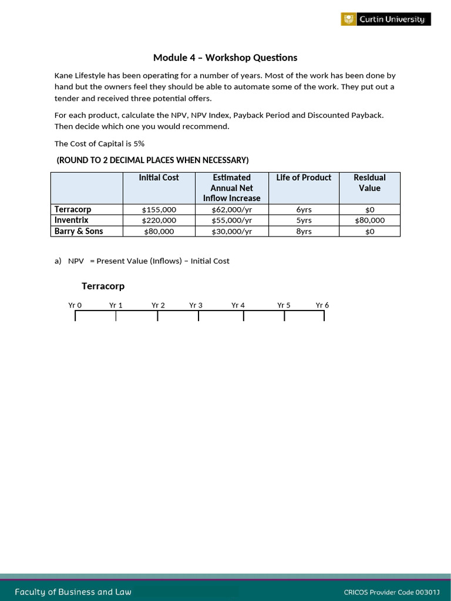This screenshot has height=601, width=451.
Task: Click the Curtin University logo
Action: (386, 19)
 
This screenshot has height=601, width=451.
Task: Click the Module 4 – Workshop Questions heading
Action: (225, 58)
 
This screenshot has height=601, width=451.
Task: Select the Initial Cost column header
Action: (159, 177)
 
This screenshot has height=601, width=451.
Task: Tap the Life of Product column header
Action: (304, 177)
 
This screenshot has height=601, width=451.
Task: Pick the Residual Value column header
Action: (369, 183)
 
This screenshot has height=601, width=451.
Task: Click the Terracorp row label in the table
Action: (73, 209)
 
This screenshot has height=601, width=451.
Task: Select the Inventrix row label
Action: (72, 220)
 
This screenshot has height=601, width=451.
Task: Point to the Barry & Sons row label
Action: (79, 231)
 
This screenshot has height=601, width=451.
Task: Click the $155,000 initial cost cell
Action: (159, 210)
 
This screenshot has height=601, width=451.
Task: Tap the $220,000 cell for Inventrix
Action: (159, 220)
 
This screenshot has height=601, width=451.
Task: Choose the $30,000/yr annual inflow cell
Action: (231, 231)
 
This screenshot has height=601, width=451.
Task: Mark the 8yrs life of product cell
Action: (304, 231)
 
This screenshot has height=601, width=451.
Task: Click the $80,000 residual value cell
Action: (369, 220)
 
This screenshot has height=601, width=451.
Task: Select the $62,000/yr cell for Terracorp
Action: (231, 210)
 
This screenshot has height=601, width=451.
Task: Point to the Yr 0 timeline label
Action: (75, 305)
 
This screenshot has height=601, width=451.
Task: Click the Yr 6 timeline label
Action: (322, 305)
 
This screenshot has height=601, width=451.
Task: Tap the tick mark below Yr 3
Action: (198, 316)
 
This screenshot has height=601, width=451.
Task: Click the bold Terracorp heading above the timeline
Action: (103, 286)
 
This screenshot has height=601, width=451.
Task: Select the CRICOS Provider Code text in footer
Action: (391, 592)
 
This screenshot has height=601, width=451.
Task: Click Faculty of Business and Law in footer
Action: (73, 592)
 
